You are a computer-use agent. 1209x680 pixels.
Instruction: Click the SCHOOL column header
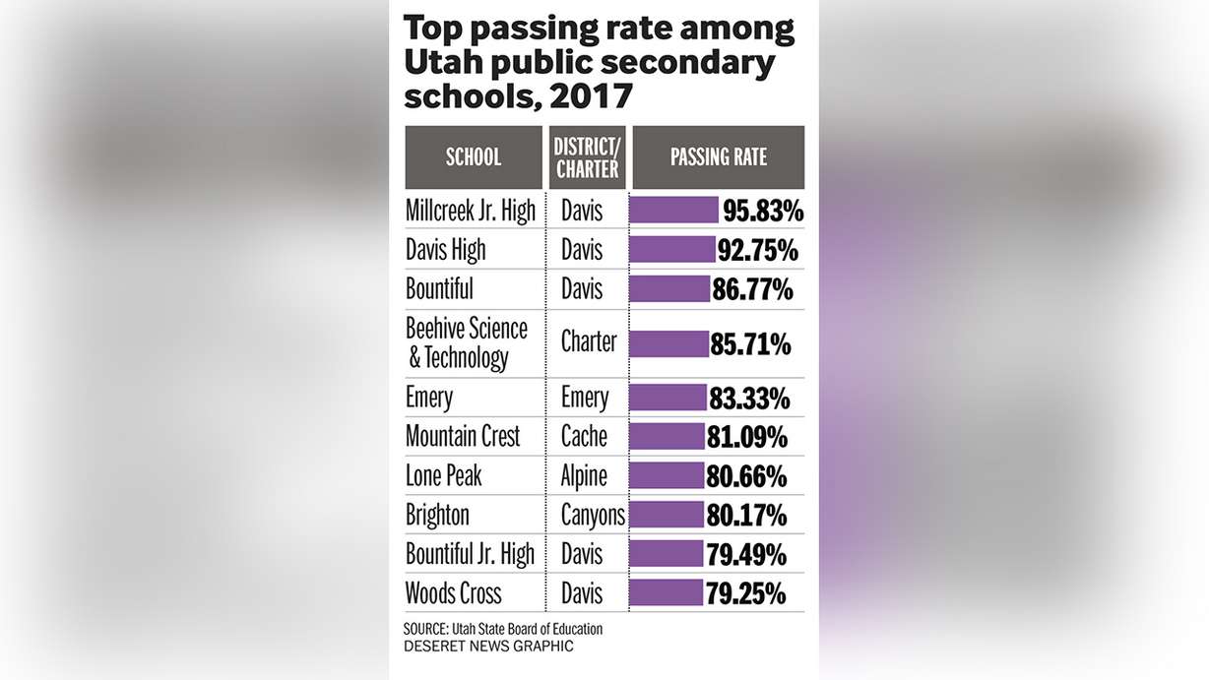473,156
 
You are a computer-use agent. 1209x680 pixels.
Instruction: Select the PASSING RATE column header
718,156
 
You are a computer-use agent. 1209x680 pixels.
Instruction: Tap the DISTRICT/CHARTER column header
588,157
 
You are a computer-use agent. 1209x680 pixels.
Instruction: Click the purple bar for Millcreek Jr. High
673,211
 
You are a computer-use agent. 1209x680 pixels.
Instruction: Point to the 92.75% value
758,250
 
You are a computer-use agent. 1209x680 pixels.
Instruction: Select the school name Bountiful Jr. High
470,554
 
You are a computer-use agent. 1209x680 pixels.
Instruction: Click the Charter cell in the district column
589,342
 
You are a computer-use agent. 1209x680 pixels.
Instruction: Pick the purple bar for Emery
668,398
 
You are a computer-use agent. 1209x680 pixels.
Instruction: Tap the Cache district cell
584,436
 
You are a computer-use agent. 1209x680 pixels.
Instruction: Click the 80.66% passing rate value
746,476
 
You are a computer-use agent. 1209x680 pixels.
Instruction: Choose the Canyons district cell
592,515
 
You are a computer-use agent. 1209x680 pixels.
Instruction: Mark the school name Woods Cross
453,593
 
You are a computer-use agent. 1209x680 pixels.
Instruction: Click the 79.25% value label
745,593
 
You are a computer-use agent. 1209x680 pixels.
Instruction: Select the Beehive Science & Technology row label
467,342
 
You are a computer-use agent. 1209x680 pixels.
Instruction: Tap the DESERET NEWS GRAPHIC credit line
488,647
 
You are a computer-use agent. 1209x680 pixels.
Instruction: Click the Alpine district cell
584,476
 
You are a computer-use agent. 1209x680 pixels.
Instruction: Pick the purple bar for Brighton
667,515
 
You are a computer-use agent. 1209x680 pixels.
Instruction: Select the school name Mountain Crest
463,436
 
